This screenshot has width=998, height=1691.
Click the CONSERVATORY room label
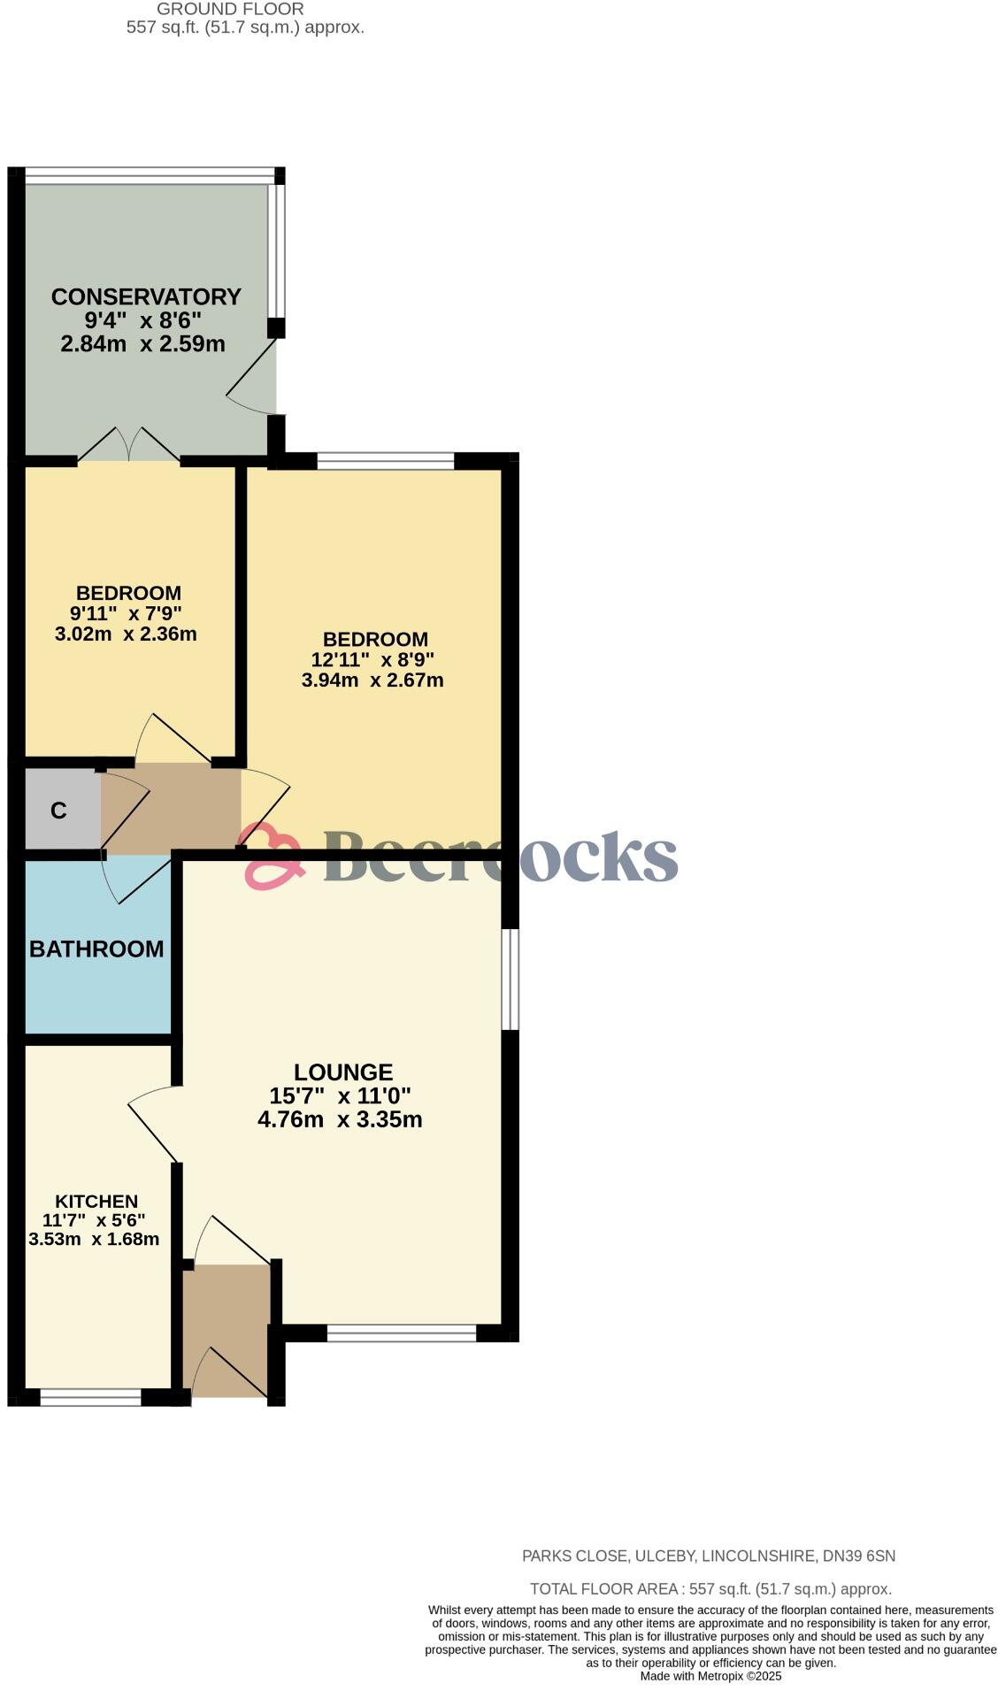pyautogui.click(x=146, y=296)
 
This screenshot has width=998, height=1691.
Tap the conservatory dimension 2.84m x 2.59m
pyautogui.click(x=142, y=343)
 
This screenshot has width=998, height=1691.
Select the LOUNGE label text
pyautogui.click(x=342, y=1072)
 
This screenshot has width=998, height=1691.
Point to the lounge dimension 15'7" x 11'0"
pyautogui.click(x=340, y=1095)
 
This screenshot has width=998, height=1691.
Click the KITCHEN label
pyautogui.click(x=96, y=1201)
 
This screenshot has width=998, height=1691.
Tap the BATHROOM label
pyautogui.click(x=96, y=949)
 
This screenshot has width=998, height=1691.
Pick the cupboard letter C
pyautogui.click(x=58, y=811)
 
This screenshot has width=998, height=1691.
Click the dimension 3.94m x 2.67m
pyautogui.click(x=372, y=680)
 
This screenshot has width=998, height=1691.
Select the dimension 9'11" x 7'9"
pyautogui.click(x=127, y=612)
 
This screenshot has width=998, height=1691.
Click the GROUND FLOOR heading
pyautogui.click(x=230, y=9)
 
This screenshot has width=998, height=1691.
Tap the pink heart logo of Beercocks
pyautogui.click(x=271, y=856)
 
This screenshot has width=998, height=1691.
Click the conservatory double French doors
pyautogui.click(x=129, y=445)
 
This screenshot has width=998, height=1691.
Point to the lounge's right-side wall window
pyautogui.click(x=511, y=979)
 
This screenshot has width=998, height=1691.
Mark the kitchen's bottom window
pyautogui.click(x=90, y=1397)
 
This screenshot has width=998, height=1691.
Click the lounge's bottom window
pyautogui.click(x=402, y=1333)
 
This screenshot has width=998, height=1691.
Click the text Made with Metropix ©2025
pyautogui.click(x=710, y=1676)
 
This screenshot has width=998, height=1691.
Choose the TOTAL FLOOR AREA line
pyautogui.click(x=710, y=1589)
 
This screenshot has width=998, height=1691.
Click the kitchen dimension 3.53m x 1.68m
pyautogui.click(x=94, y=1239)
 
